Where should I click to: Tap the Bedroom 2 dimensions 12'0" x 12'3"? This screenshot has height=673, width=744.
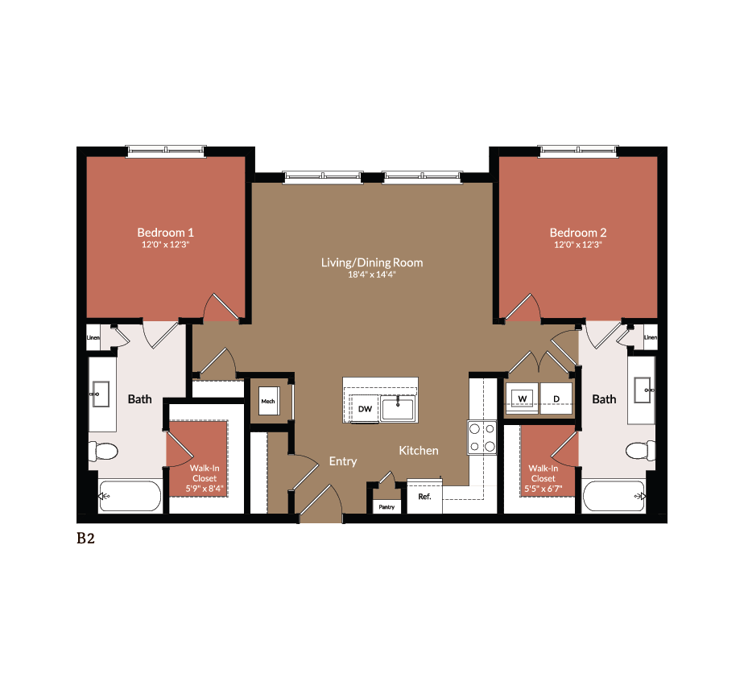577,244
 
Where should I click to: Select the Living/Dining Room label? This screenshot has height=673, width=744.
371,262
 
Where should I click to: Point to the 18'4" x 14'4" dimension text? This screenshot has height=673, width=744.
371,275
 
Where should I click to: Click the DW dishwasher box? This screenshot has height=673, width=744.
365,409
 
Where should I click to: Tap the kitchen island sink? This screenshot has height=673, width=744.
398,408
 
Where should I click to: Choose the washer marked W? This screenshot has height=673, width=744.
522,398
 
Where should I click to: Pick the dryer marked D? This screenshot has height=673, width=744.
556,398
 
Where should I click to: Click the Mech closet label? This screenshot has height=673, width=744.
267,401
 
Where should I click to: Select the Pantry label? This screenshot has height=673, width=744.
386,507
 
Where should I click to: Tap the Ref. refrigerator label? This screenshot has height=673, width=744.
424,497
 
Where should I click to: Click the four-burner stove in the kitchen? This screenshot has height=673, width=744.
482,437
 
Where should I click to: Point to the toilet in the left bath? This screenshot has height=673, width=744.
105,452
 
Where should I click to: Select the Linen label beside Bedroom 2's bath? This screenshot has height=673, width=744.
651,338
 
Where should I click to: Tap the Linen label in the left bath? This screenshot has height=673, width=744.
93,338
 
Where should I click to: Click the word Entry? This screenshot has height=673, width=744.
343,461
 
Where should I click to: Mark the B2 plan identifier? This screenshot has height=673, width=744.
85,539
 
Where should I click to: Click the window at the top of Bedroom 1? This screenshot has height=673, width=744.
165,151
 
